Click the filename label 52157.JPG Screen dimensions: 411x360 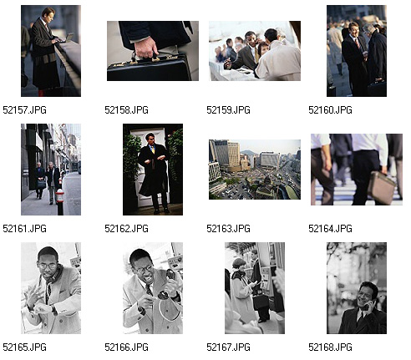coord(24,110)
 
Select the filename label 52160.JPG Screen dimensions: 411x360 coord(330,110)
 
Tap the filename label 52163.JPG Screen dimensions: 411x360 coord(228,229)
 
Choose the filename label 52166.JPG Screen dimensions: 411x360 coord(126,347)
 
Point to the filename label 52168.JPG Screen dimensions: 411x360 coord(330,347)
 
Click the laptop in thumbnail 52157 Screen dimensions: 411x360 coord(66,38)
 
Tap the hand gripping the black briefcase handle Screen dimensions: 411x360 coord(146,48)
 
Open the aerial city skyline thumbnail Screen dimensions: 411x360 coord(255,170)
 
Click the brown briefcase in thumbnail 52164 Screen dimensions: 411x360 coord(381,187)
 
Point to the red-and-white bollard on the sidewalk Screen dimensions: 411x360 coord(60,201)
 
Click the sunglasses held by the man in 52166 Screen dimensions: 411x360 coord(166,285)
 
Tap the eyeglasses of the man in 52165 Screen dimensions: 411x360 coord(48,266)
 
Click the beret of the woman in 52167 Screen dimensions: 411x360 coord(239,262)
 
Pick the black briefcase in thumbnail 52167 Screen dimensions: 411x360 coord(261,302)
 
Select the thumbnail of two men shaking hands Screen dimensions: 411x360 coord(357,51)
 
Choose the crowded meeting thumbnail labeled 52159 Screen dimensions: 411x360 coord(255,51)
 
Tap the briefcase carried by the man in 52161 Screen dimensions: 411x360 coord(42,184)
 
